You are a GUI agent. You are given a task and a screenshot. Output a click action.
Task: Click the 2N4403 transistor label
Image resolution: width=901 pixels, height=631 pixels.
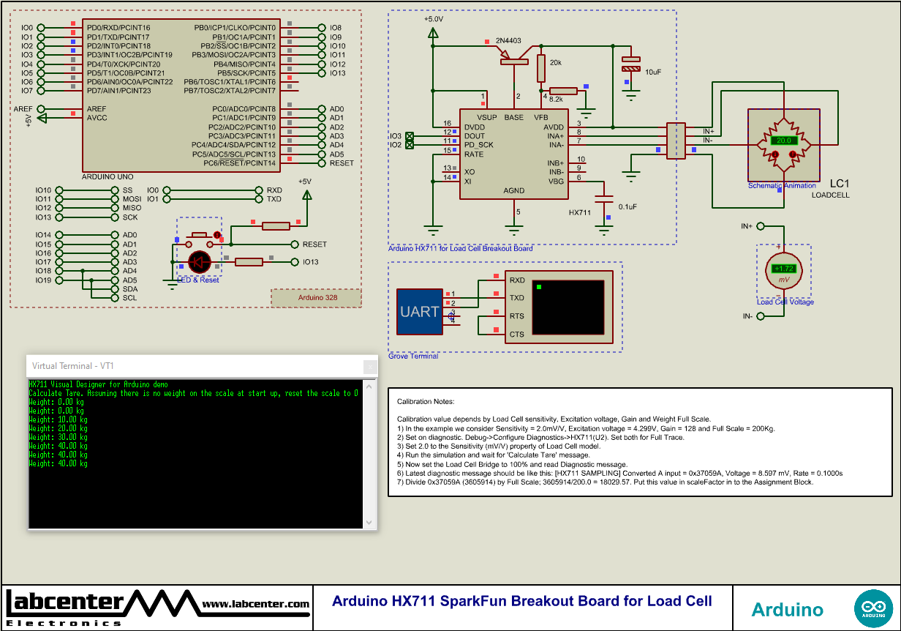pos(508,40)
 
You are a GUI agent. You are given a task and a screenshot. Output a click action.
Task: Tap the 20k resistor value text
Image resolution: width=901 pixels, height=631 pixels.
pos(556,63)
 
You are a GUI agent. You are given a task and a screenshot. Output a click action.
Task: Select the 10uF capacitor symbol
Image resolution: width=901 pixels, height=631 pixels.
pos(630,64)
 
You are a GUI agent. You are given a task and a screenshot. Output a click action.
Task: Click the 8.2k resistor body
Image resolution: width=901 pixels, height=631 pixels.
pos(563,91)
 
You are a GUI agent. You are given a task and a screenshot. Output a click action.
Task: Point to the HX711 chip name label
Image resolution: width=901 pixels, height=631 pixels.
pos(580,212)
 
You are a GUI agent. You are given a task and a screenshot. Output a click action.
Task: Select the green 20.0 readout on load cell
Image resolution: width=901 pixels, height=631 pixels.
pos(784,140)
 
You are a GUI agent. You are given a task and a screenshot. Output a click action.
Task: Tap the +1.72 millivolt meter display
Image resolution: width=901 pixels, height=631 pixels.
pos(784,269)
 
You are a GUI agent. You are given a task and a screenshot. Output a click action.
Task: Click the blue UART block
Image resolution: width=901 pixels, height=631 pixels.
pos(420,311)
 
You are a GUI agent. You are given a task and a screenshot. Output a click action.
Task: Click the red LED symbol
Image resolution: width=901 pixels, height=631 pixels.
pos(200,261)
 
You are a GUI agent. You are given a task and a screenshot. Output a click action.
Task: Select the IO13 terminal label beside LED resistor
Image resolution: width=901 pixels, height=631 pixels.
pos(310,262)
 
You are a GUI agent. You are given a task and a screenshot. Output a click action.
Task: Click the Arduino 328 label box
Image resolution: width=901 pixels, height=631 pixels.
pos(317,298)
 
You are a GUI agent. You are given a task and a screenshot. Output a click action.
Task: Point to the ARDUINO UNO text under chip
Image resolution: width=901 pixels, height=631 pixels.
pos(108,177)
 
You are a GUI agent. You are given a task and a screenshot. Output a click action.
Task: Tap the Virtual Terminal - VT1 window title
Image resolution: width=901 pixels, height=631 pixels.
pos(72,365)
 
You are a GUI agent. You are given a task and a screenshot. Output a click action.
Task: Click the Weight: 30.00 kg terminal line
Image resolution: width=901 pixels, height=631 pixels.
pos(58,437)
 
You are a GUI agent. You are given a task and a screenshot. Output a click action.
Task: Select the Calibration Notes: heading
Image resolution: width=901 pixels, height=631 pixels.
pos(426,402)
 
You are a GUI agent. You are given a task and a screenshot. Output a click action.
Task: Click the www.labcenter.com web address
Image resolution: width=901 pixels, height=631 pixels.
pos(255,604)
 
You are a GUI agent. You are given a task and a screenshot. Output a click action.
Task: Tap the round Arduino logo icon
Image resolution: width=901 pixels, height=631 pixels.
pos(872,608)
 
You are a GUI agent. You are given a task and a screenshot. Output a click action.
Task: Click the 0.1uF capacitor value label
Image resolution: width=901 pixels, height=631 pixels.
pos(627,207)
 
